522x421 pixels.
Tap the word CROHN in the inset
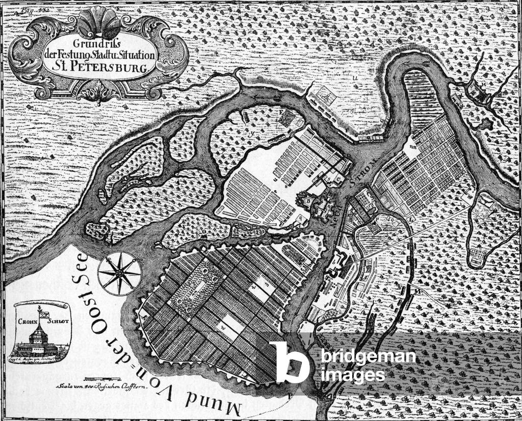click(x=28, y=322)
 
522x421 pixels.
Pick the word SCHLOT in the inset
click(x=56, y=322)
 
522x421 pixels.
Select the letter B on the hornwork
click(x=309, y=202)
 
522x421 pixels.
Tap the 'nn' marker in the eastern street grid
click(x=412, y=146)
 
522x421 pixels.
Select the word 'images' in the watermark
click(x=353, y=375)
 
